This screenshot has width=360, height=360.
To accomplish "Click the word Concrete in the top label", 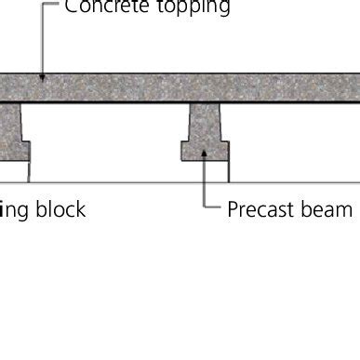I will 103,7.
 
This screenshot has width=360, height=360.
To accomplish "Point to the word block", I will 60,209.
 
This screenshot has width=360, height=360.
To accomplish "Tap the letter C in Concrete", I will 72,7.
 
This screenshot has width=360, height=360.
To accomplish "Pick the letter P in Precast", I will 233,209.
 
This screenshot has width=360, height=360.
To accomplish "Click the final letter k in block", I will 81,209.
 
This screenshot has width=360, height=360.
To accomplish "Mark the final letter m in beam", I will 345,209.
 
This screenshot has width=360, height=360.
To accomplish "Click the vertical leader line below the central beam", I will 205,181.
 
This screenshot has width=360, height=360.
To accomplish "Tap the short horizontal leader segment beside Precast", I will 213,208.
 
